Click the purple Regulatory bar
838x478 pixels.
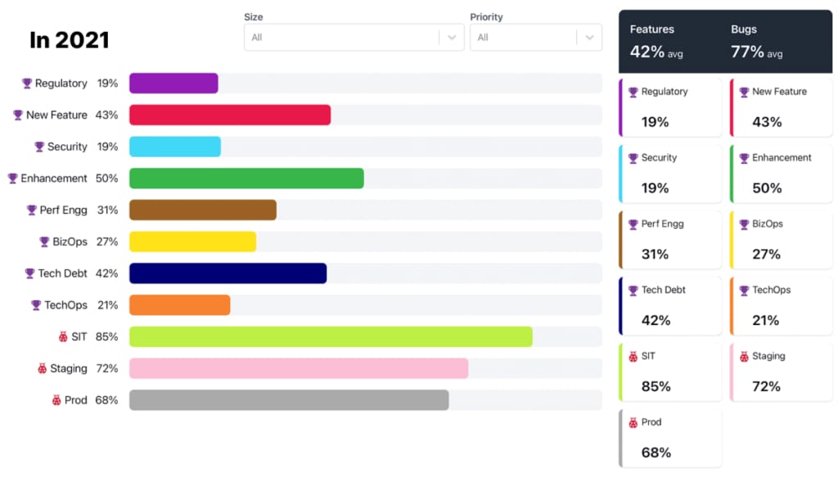point(173,83)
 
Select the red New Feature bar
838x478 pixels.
point(230,115)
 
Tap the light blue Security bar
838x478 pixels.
point(175,147)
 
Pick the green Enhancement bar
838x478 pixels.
point(246,178)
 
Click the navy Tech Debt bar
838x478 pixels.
point(228,273)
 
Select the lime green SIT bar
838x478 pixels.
point(331,336)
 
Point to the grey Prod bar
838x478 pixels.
point(289,400)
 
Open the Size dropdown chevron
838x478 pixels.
point(452,38)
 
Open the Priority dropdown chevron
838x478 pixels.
point(589,38)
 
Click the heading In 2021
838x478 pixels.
point(70,39)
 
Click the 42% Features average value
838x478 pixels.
point(647,52)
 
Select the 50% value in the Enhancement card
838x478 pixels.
point(767,188)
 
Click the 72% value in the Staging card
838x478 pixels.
point(767,386)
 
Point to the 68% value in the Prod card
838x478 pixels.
point(656,453)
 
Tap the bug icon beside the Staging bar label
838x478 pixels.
point(43,368)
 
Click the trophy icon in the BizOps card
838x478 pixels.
point(744,224)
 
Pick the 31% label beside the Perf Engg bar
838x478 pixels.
point(107,210)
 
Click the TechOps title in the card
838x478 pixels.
point(771,291)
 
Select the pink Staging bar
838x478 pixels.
point(299,368)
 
